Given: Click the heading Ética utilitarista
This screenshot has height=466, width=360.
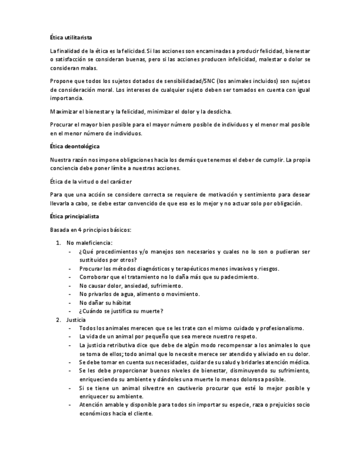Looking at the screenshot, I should coord(71,37).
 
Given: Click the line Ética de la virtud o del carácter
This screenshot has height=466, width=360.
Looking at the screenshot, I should coord(91,181).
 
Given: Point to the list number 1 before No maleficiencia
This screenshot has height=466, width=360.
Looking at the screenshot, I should coord(59,242).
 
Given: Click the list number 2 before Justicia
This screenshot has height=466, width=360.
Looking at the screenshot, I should coord(59,319).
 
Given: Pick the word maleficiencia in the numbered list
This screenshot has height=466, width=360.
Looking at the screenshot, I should coord(94,242).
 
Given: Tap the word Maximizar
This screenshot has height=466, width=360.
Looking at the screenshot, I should coord(63,112).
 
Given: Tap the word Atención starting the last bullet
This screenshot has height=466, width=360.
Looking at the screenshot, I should coord(92,405).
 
